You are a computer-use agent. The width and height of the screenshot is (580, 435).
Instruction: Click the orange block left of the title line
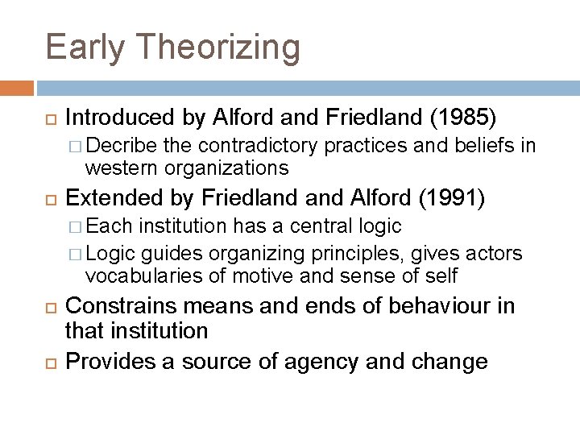17,88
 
